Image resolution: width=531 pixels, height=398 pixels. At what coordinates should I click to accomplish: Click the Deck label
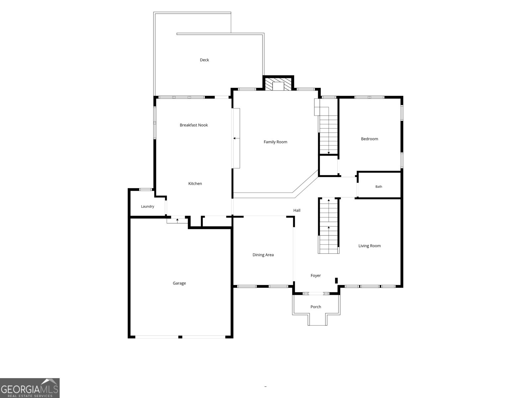204,60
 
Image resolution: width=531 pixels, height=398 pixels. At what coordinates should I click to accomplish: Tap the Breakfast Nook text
193,125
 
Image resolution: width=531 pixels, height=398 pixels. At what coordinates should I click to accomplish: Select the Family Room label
275,142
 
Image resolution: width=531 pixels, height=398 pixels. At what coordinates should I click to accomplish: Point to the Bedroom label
369,139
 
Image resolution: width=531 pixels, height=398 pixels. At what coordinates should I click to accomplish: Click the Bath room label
379,186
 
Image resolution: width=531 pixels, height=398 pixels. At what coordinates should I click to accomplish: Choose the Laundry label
147,206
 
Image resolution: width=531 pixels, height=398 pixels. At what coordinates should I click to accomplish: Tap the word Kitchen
195,183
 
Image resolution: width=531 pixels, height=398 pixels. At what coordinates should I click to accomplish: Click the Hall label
297,210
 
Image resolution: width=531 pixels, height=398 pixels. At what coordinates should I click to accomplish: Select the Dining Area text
263,255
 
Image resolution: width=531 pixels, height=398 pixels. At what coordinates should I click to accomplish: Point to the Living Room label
369,246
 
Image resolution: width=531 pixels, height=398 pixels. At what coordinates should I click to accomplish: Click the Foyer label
316,276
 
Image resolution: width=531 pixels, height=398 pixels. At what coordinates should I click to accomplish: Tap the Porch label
316,307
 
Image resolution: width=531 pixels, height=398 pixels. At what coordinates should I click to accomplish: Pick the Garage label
179,283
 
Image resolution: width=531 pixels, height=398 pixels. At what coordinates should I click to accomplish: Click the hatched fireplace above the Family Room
278,84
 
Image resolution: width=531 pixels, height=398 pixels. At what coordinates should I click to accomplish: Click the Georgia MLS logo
30,388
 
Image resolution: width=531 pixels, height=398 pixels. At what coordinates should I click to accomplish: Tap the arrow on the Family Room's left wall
236,138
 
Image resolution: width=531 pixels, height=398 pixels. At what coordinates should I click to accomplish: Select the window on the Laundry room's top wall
146,189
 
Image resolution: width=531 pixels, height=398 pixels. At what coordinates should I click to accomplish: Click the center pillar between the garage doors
180,337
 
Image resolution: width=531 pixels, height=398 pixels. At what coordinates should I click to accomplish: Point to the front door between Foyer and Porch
316,294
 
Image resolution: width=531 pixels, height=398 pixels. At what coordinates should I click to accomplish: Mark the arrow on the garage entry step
177,220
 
